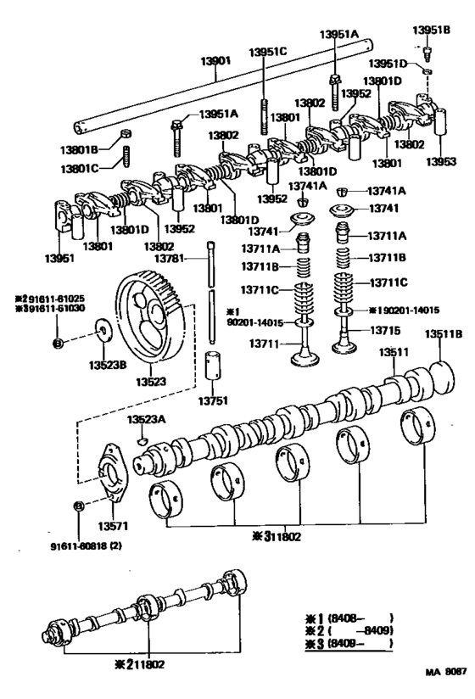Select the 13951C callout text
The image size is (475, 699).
coord(268,52)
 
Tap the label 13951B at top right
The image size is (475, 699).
coord(431,30)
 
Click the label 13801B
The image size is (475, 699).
coord(79,149)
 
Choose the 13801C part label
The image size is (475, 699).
coord(79,168)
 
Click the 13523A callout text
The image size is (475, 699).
coord(147,419)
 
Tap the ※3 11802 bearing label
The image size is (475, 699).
coord(273,536)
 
